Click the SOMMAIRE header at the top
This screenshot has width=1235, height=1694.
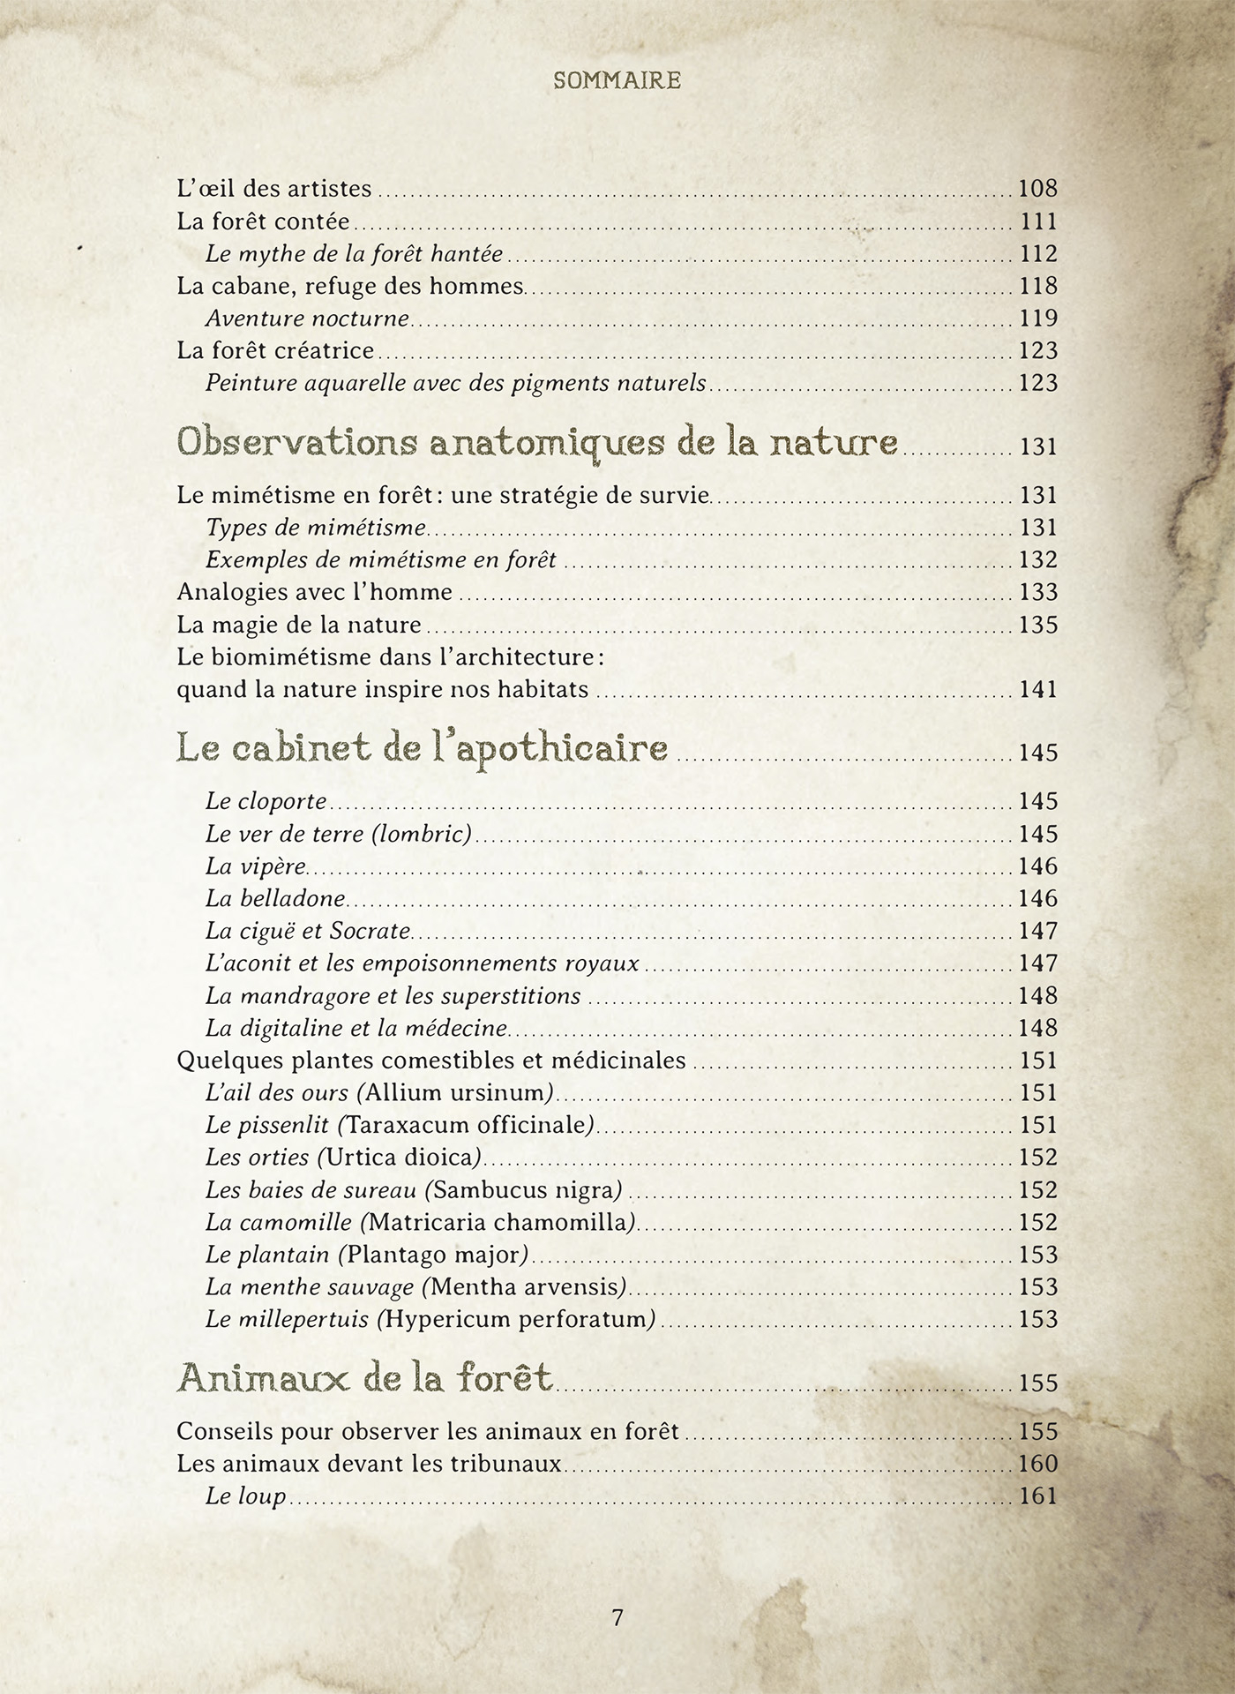click(617, 81)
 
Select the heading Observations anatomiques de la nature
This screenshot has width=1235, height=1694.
click(537, 441)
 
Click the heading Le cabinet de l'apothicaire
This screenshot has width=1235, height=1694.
click(422, 748)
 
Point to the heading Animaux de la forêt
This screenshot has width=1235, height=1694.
click(365, 1377)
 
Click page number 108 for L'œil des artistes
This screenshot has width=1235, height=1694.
click(1037, 189)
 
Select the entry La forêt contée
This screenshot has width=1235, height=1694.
click(263, 221)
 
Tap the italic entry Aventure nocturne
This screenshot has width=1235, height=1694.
click(307, 319)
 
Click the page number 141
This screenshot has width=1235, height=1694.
click(1037, 690)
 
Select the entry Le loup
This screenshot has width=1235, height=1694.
click(245, 1496)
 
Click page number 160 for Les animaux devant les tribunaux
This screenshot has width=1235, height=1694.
click(1037, 1464)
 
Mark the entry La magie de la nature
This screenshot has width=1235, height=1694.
click(299, 626)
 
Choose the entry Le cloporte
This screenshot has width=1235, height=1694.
click(266, 802)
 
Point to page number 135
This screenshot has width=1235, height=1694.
click(1037, 626)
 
